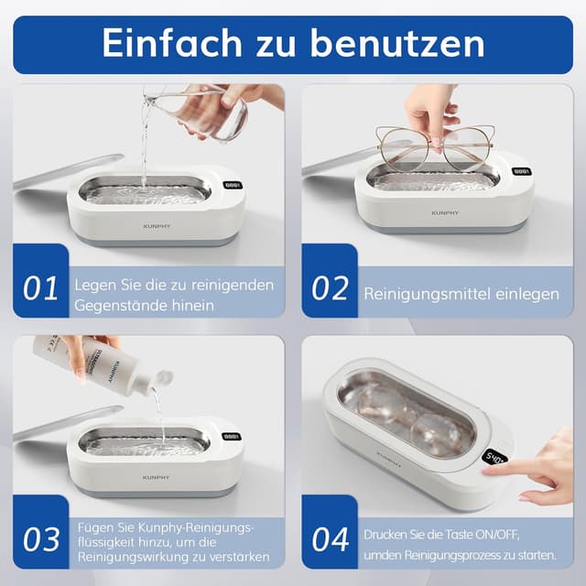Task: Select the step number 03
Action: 41,539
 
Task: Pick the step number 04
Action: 330,539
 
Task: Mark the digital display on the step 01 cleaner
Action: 232,184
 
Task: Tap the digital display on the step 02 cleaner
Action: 520,171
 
